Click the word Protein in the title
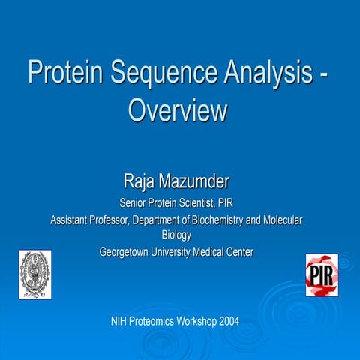tap(64, 74)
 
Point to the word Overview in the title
tap(178, 110)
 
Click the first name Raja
tap(141, 181)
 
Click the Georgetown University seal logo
tap(34, 274)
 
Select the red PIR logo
tap(322, 274)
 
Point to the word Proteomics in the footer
tap(154, 321)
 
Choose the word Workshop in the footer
tap(198, 321)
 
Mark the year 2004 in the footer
tap(230, 321)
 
